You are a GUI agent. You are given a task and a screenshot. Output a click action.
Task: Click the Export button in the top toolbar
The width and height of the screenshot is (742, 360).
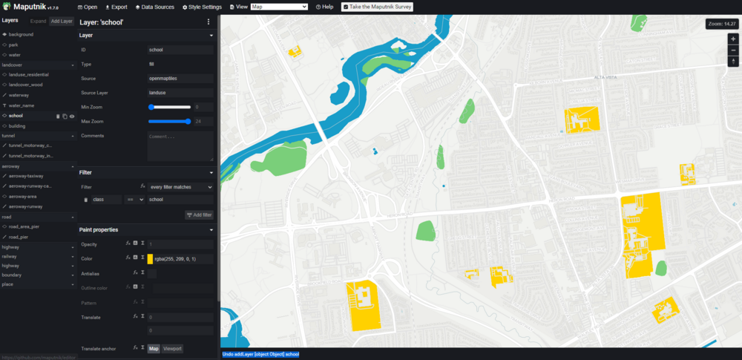(116, 7)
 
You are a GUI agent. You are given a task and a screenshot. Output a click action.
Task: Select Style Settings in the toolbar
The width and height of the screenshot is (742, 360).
(202, 7)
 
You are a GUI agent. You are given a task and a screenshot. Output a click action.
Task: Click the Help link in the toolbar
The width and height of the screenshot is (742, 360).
(324, 7)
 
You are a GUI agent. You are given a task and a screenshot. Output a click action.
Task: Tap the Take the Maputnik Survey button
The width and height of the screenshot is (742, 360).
(377, 7)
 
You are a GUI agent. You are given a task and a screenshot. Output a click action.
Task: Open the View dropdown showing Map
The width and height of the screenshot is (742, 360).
(279, 7)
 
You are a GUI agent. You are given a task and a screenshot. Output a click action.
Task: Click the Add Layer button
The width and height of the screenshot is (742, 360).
(62, 21)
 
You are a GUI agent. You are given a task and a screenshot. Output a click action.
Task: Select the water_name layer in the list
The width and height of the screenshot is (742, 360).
(23, 105)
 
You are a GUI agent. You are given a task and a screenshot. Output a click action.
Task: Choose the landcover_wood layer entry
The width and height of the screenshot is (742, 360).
(26, 85)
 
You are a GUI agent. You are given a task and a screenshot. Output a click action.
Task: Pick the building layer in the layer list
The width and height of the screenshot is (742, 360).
(16, 126)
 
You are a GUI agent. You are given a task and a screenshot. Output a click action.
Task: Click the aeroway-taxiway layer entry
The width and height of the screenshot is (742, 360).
(25, 176)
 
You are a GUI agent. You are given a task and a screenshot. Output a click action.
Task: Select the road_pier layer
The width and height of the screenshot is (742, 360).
(19, 236)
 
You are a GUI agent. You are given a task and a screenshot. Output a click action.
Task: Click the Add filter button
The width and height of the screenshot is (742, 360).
(199, 215)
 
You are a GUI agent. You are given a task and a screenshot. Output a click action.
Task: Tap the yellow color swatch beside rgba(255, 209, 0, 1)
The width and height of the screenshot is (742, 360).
(150, 259)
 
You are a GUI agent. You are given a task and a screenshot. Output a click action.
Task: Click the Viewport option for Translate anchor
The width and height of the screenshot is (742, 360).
(173, 348)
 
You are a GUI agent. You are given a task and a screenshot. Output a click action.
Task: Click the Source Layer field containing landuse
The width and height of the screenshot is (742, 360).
(180, 93)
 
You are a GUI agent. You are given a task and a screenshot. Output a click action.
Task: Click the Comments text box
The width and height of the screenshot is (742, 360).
(180, 146)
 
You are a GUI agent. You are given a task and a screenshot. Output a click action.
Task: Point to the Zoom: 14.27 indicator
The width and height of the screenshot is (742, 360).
(721, 24)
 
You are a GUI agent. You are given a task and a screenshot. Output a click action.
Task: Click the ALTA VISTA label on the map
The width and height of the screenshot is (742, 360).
(606, 76)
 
